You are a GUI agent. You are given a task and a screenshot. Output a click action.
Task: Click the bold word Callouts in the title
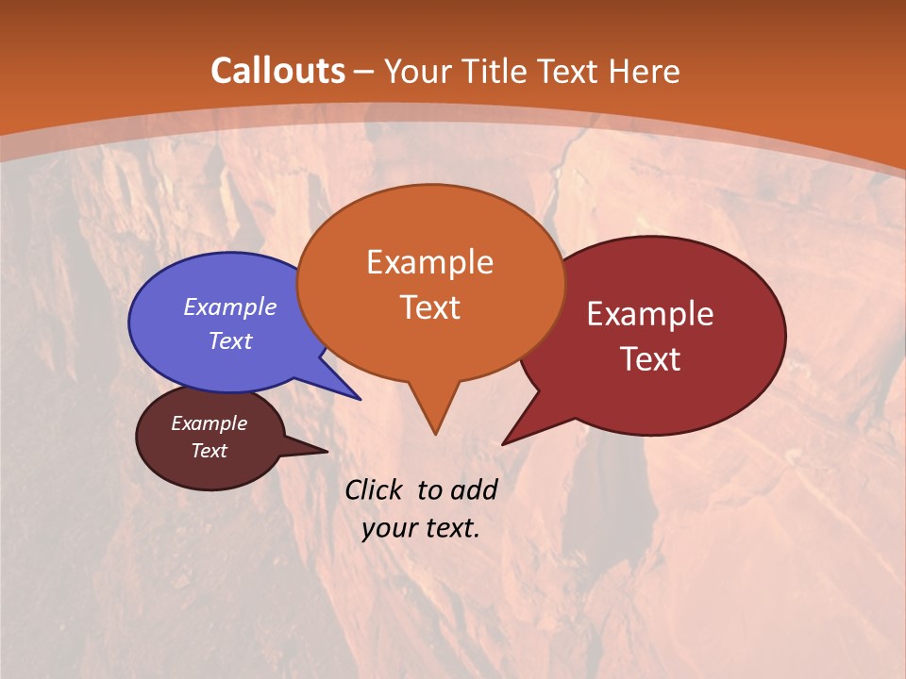277,71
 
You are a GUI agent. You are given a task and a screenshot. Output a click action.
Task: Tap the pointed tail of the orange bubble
434,420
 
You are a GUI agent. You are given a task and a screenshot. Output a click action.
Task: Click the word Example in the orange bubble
430,261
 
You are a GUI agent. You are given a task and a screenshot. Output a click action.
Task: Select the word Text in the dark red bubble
650,359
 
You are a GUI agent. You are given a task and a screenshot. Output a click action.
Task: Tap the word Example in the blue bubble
230,306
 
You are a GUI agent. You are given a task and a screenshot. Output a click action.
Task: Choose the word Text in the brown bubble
210,451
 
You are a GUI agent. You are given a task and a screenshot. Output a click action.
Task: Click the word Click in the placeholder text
376,489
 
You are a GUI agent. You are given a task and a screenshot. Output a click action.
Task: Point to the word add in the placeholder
474,489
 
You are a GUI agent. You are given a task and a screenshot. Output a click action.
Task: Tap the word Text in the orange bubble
430,307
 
